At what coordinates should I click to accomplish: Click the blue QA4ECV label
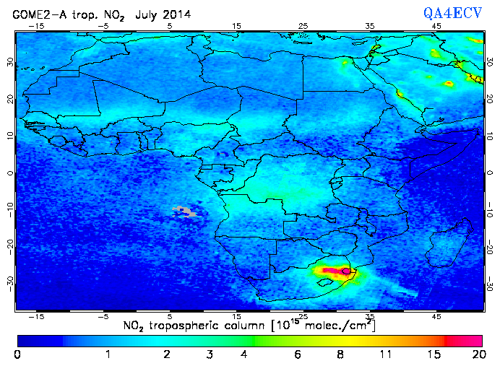pos(458,12)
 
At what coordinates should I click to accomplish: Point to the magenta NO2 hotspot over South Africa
pos(334,271)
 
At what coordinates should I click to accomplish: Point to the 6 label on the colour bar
pos(297,355)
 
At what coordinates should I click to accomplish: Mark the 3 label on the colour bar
pos(209,355)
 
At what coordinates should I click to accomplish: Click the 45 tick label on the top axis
pos(436,25)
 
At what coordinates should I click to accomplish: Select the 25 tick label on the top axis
pos(303,25)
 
